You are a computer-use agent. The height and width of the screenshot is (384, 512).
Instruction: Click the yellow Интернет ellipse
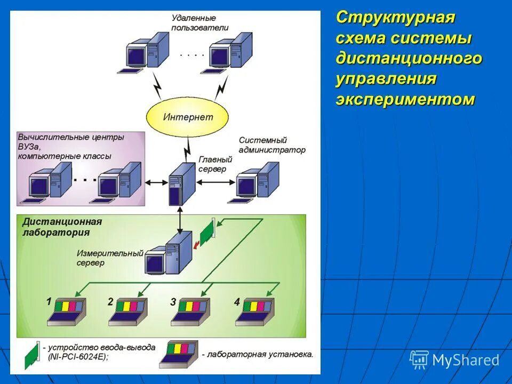pos(187,117)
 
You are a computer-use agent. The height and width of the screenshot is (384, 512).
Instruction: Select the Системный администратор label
pos(272,145)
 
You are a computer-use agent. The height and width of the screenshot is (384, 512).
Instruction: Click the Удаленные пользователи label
pos(200,23)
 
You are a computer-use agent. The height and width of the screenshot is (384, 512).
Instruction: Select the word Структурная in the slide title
pos(395,17)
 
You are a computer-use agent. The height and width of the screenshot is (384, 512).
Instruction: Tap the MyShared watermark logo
pos(454,360)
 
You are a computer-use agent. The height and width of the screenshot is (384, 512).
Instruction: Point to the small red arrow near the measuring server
pos(197,245)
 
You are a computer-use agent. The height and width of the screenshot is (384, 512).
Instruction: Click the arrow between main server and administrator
pos(215,182)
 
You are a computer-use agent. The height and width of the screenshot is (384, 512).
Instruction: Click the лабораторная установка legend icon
pos(178,354)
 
